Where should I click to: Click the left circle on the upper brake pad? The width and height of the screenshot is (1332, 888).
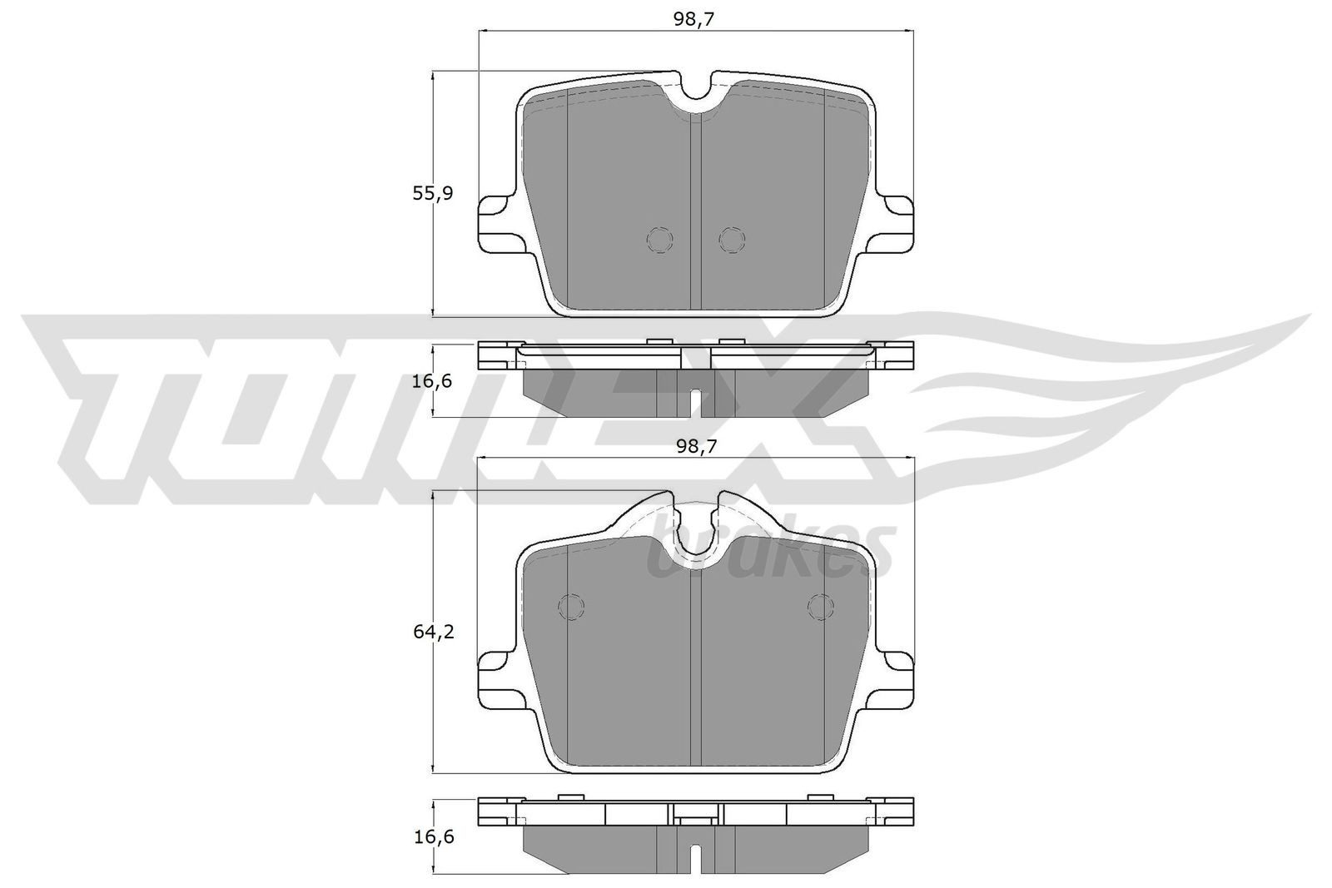tap(659, 240)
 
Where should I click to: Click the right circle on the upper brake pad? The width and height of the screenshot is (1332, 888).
tap(732, 240)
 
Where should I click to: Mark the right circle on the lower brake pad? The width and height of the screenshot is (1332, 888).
tap(820, 607)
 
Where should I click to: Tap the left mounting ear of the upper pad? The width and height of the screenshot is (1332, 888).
tap(496, 221)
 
